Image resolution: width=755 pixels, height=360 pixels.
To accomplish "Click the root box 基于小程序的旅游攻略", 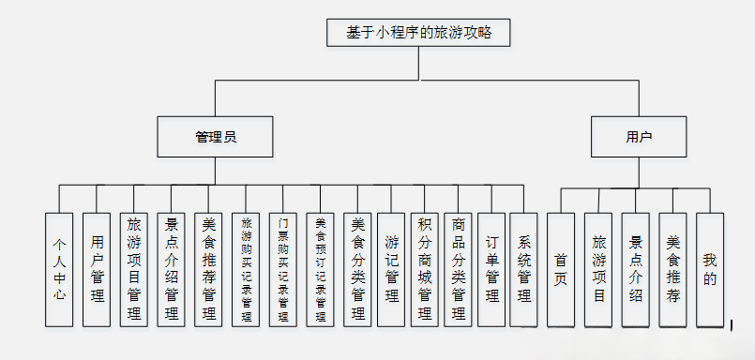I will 418,32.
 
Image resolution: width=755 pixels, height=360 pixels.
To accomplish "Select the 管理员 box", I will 215,136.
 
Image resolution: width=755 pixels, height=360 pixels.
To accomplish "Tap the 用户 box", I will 638,136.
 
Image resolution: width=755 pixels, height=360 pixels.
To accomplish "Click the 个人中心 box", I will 59,268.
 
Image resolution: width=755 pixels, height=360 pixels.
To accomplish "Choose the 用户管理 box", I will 97,268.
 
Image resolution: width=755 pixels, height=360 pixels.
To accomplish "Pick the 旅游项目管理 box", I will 134,268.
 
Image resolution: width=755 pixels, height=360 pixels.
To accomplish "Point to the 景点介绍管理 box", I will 172,268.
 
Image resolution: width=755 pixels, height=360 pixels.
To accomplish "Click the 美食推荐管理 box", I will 209,268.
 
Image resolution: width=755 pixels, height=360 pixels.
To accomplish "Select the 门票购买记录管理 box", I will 283,268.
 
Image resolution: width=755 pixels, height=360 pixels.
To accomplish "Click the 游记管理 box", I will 392,268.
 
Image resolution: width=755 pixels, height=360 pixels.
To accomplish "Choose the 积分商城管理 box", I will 425,268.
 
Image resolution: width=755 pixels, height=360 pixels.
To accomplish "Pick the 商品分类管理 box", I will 458,268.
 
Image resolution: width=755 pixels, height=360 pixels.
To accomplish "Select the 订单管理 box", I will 491,268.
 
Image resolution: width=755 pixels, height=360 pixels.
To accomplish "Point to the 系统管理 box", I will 524,268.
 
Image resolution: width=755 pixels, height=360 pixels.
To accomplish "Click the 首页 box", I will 561,268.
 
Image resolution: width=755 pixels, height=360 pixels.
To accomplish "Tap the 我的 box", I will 710,268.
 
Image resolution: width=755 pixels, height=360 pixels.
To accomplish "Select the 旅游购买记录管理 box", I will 247,268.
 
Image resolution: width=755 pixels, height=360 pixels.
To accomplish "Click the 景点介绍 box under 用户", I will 635,268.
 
